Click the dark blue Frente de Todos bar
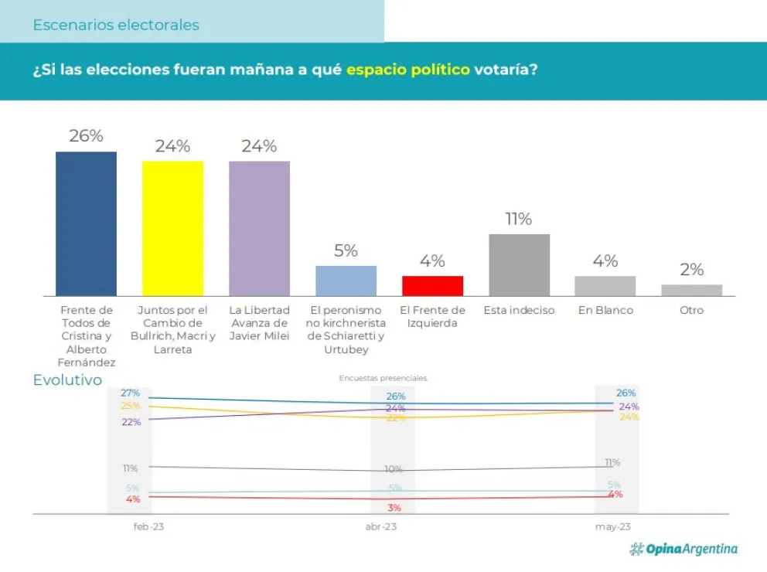(x=86, y=223)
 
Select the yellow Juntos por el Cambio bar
(x=172, y=228)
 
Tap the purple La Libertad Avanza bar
(x=259, y=228)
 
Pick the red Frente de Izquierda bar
(x=432, y=285)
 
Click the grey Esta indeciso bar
(x=519, y=264)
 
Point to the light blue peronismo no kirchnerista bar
(x=346, y=281)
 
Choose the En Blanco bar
(x=605, y=285)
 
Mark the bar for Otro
(x=691, y=290)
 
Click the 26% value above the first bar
(x=86, y=136)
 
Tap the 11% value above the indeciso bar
(x=519, y=219)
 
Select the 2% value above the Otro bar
(x=691, y=270)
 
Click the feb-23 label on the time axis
(x=148, y=526)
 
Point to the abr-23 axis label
(x=381, y=526)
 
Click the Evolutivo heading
(x=67, y=380)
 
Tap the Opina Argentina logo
(x=683, y=549)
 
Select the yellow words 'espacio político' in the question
(x=407, y=70)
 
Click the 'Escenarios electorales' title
(x=116, y=25)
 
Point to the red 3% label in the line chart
(x=394, y=508)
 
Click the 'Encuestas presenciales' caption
(x=383, y=378)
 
